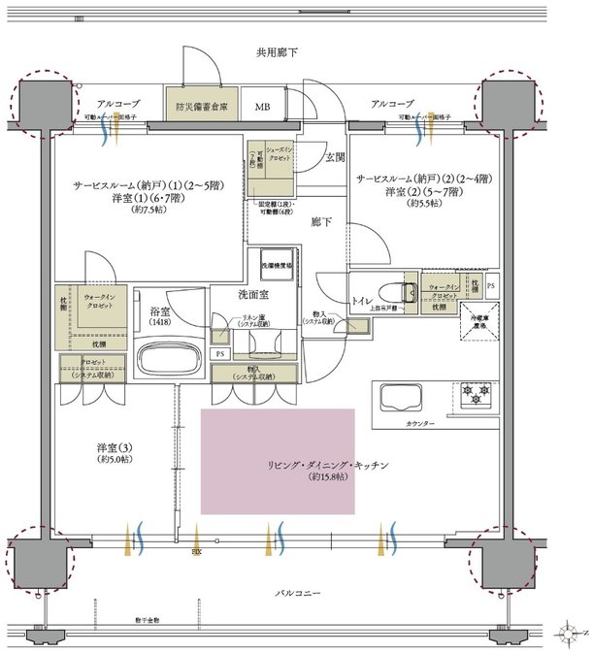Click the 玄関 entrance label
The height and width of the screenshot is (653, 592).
coord(335,156)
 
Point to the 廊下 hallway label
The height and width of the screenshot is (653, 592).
coord(321,222)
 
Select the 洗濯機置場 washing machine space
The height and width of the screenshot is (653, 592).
coord(275,264)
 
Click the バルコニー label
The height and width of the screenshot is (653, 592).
coord(291,592)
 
